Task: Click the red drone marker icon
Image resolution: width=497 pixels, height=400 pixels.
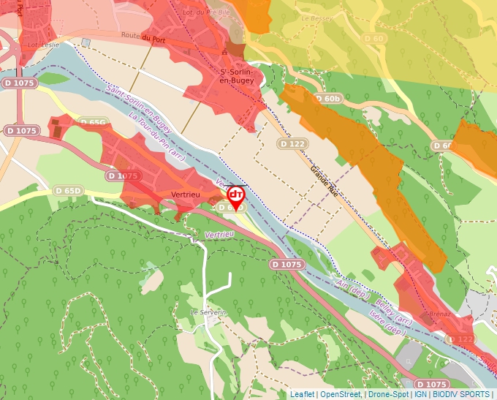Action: click(236, 195)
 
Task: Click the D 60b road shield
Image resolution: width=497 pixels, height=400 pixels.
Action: click(328, 98)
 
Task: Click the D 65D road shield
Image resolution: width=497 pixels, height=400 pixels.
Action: click(68, 191)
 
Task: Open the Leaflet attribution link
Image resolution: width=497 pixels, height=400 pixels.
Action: click(302, 394)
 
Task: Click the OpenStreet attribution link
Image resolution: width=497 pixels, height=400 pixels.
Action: click(340, 394)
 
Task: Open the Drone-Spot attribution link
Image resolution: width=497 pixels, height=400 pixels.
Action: click(388, 394)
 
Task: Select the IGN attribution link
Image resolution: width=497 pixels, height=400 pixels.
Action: click(421, 394)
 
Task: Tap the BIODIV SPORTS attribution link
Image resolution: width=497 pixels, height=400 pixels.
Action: click(461, 394)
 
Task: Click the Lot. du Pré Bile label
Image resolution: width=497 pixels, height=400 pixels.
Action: click(208, 12)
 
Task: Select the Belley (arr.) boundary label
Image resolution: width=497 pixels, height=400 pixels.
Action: click(394, 312)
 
